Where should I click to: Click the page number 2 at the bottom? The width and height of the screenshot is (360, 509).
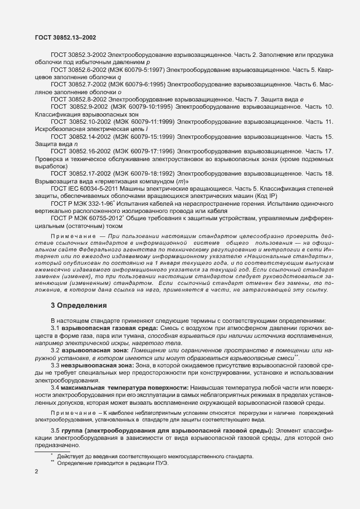[36, 472]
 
